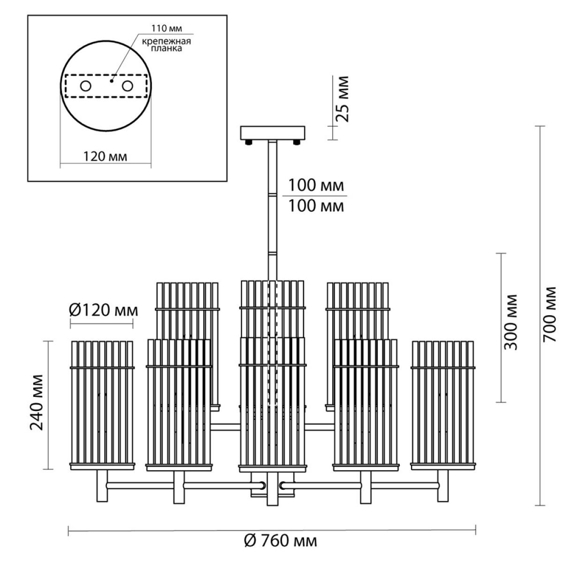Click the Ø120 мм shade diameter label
103,310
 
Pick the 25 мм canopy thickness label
342,99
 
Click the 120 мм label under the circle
105,157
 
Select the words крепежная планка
167,45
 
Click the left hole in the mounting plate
85,86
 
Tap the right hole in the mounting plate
128,86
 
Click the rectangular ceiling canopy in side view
272,133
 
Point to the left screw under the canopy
249,143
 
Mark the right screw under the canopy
297,143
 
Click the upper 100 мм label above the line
316,185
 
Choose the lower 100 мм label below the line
316,206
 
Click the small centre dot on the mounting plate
111,81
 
